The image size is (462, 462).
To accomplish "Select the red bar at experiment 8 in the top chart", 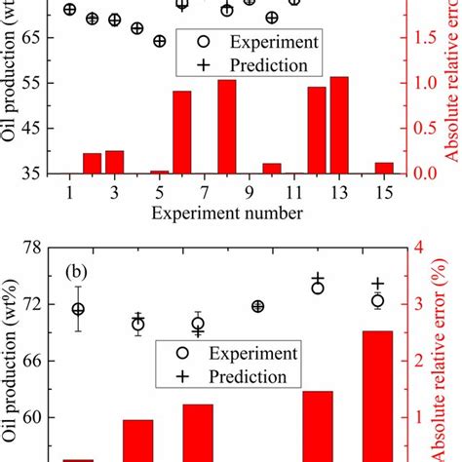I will click(226, 127).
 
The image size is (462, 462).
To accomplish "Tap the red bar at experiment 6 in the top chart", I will click(181, 132).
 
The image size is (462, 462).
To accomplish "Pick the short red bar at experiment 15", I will click(384, 168).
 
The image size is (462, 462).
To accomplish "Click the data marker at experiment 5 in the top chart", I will click(159, 41).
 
